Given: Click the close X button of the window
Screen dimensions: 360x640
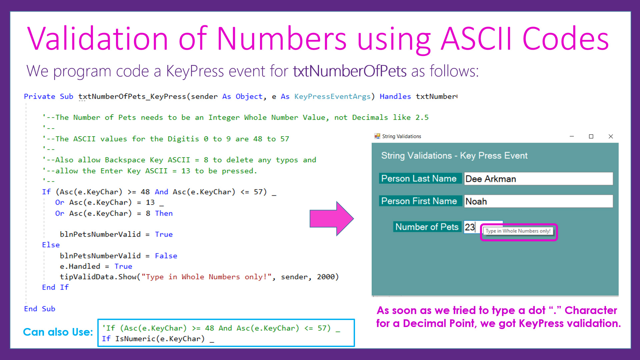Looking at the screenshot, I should point(611,136).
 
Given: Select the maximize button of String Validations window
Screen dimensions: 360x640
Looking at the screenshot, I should point(591,136).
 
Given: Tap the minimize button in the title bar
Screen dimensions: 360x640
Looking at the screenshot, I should point(572,136).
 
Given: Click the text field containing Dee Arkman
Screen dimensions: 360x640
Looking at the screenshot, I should point(538,179).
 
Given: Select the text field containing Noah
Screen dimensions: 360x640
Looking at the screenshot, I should point(538,201).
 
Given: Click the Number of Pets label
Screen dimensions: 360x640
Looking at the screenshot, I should point(427,227).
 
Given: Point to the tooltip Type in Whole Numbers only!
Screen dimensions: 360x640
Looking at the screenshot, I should point(518,231).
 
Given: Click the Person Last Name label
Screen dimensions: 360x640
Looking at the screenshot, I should point(419,179).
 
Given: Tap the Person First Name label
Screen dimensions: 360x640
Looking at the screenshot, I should point(419,201).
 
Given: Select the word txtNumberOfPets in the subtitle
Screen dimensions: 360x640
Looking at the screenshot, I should point(350,71).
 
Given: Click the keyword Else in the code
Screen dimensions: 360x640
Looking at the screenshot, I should point(51,245).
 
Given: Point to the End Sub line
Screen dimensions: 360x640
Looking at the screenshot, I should point(40,309).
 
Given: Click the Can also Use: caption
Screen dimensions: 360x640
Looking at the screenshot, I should point(58,332).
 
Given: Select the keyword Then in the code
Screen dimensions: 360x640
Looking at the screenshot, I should point(164,213).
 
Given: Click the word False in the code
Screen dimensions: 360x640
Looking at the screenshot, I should point(166,256).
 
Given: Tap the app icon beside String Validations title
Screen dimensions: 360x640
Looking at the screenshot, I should point(377,136).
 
